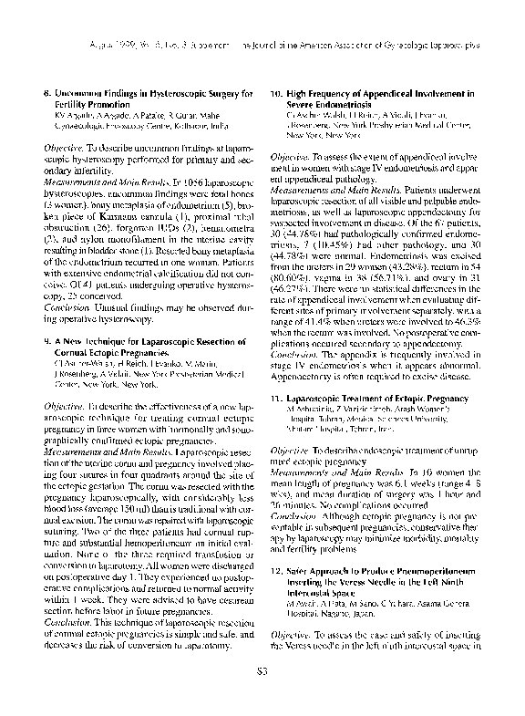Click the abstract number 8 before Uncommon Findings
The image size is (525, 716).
(47, 93)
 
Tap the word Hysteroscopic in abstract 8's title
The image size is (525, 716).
(158, 93)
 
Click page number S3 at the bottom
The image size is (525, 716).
(262, 698)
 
